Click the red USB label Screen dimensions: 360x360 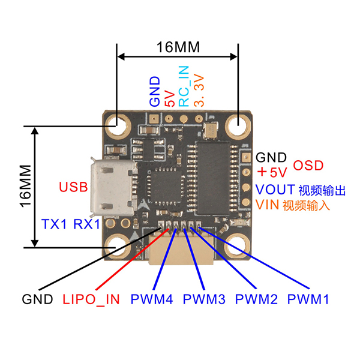point(73,186)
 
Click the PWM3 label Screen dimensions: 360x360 point(204,298)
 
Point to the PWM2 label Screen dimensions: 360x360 point(257,298)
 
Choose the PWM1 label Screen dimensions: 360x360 point(308,298)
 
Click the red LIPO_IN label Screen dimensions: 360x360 point(91,298)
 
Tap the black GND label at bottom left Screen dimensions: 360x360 point(37,298)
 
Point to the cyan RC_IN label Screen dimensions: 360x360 point(184,86)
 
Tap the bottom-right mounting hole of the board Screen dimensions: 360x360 point(238,245)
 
